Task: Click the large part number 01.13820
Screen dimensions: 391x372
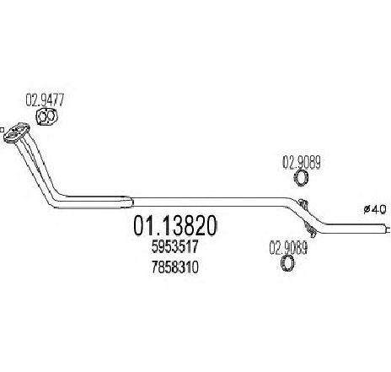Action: pos(175,226)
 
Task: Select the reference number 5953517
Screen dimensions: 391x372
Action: pos(175,247)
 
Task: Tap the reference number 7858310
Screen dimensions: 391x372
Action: pos(175,267)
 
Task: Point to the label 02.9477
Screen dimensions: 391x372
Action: pos(45,100)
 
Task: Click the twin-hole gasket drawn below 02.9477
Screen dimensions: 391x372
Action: pos(46,116)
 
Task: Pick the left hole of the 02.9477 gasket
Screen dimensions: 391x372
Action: pos(42,116)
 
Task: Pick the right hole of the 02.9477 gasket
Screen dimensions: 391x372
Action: pos(51,116)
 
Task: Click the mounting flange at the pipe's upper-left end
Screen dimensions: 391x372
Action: pos(17,132)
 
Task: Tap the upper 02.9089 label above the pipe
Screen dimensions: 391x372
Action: pos(302,163)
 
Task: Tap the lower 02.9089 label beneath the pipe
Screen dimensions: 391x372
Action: pos(288,248)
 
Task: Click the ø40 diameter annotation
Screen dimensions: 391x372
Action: pos(375,209)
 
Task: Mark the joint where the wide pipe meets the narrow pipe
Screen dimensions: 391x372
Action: pos(131,202)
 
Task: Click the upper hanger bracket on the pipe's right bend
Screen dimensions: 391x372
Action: pos(303,203)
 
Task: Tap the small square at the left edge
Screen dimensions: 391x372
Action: pos(2,130)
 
